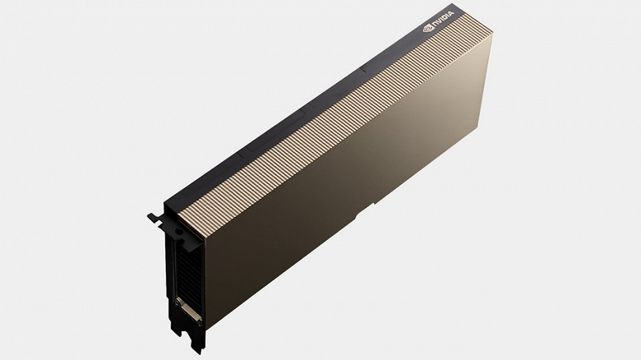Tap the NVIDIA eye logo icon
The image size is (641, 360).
click(x=428, y=28)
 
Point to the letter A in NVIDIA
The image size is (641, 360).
click(x=450, y=15)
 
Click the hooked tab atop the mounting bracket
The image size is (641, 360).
click(x=155, y=217)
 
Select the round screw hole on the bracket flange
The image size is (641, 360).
click(x=178, y=232)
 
